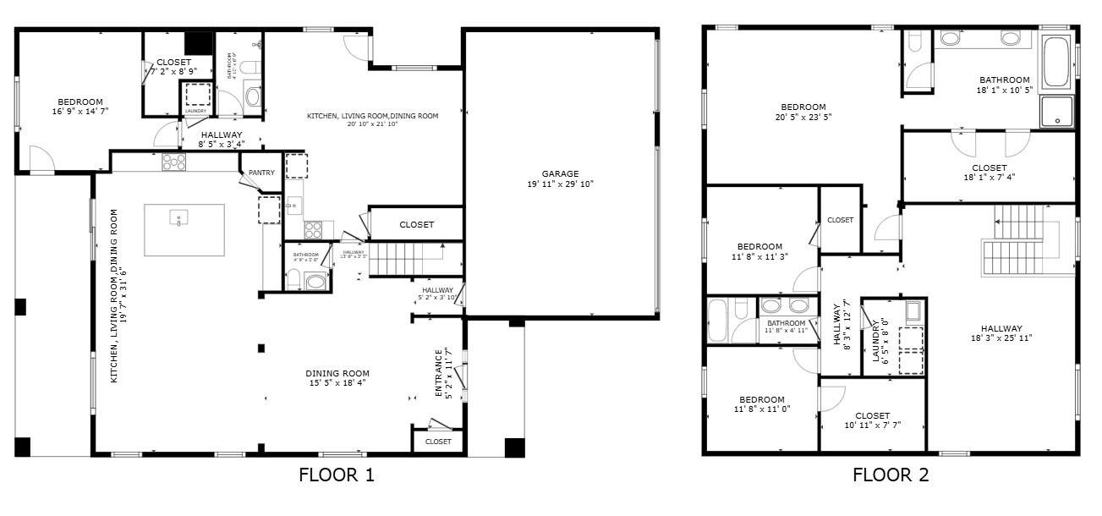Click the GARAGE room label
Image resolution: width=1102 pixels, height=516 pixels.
561,173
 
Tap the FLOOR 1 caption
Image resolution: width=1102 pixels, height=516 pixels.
337,475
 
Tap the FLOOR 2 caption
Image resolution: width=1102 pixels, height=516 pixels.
891,475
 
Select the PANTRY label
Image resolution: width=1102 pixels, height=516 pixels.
261,173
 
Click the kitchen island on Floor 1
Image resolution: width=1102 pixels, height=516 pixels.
184,229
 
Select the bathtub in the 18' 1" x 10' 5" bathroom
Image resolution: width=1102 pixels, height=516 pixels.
1056,62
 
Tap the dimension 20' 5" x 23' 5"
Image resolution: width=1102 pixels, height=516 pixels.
803,118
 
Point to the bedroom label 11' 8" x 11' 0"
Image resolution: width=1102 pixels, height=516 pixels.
761,409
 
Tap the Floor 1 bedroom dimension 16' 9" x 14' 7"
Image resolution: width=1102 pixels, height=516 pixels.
80,111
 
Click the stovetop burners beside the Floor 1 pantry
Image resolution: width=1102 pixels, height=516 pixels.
174,162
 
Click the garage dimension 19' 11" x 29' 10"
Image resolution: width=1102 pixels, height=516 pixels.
561,184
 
